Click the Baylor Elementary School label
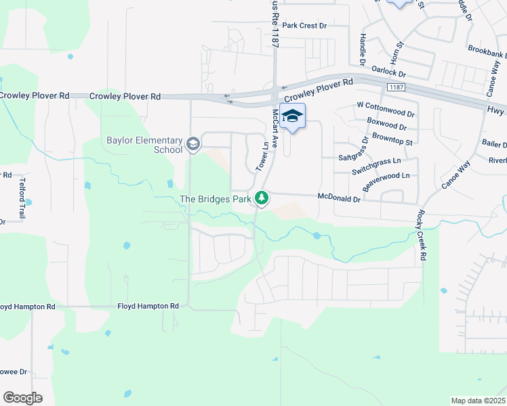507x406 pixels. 144,145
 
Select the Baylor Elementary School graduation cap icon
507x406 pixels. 193,143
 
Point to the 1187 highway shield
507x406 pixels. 397,88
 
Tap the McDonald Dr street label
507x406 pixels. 340,197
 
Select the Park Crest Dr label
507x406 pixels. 304,26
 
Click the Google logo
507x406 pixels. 22,398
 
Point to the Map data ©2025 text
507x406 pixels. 478,401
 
